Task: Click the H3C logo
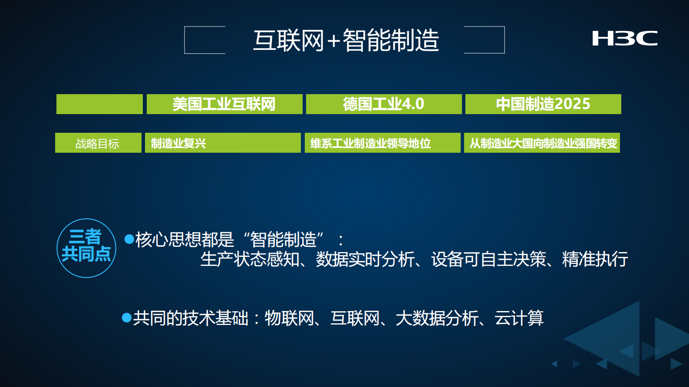pyautogui.click(x=625, y=38)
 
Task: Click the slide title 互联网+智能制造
pyautogui.click(x=346, y=40)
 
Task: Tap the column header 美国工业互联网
pyautogui.click(x=224, y=104)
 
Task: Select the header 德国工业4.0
pyautogui.click(x=383, y=104)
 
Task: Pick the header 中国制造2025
pyautogui.click(x=543, y=104)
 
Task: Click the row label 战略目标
pyautogui.click(x=98, y=143)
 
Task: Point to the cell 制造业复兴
pyautogui.click(x=178, y=143)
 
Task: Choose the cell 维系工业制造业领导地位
pyautogui.click(x=370, y=143)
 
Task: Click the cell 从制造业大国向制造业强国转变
pyautogui.click(x=543, y=143)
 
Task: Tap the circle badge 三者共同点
pyautogui.click(x=86, y=248)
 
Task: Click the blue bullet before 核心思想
pyautogui.click(x=129, y=239)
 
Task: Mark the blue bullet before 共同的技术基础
pyautogui.click(x=127, y=318)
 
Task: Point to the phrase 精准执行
pyautogui.click(x=595, y=259)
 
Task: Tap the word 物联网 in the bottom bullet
pyautogui.click(x=289, y=318)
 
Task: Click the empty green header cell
pyautogui.click(x=99, y=104)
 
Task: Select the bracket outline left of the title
pyautogui.click(x=204, y=40)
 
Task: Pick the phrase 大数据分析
pyautogui.click(x=437, y=318)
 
